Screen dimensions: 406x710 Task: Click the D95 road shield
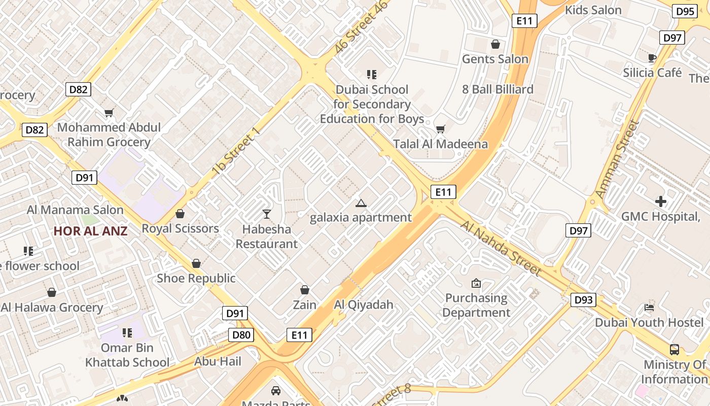[x=685, y=11]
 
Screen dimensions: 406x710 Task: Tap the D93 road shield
[x=583, y=300]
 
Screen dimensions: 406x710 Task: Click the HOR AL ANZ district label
[x=90, y=231]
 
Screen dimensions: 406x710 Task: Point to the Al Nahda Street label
[x=501, y=248]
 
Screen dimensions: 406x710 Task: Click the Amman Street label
[x=617, y=159]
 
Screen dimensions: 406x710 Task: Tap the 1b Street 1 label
[x=236, y=152]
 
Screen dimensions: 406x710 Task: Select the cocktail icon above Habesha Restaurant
[x=267, y=214]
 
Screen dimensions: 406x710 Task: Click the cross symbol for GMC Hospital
[x=660, y=201]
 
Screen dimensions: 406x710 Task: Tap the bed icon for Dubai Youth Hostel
[x=649, y=307]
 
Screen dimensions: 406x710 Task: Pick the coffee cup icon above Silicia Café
[x=652, y=57]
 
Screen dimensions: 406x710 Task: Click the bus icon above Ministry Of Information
[x=674, y=349]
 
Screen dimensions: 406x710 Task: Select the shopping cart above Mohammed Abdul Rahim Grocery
[x=109, y=113]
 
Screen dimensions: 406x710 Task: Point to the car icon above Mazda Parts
[x=275, y=391]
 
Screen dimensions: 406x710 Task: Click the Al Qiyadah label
[x=364, y=305]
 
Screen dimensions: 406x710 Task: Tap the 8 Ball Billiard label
[x=498, y=89]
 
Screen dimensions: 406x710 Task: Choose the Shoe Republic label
[x=196, y=278]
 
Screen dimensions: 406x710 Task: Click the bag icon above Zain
[x=305, y=290]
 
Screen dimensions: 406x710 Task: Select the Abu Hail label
[x=218, y=361]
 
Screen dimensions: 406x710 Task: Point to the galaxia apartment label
[x=361, y=218]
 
